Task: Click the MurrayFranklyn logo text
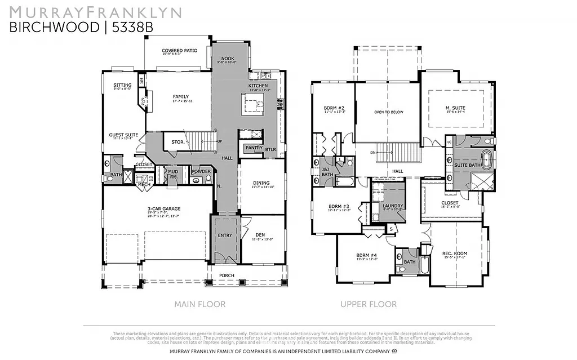coord(95,12)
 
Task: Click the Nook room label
coord(228,58)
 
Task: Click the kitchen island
coord(252,104)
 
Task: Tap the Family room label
coord(180,96)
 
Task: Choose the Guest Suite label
coord(123,135)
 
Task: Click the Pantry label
coord(250,148)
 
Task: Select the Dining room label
coord(261,183)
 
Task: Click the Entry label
coord(224,235)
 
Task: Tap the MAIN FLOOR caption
coord(199,304)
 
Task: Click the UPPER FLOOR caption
coord(368,304)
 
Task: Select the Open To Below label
coord(389,112)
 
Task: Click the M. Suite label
coord(455,108)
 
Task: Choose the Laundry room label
coord(392,206)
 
